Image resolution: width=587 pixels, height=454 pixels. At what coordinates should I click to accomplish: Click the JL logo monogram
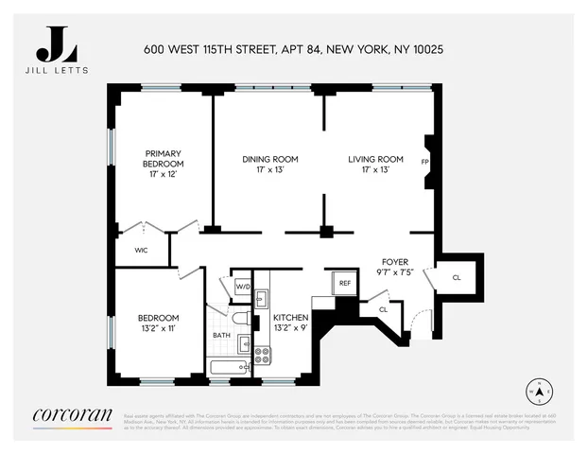point(57,44)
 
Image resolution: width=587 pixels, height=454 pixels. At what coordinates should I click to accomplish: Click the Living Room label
point(375,165)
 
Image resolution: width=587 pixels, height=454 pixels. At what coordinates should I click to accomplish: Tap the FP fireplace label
point(424,162)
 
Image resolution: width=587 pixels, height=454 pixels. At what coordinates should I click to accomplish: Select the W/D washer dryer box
point(242,286)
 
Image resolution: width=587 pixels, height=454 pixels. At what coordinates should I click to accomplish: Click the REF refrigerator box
point(344,282)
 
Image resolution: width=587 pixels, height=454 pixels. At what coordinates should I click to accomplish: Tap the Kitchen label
point(292,323)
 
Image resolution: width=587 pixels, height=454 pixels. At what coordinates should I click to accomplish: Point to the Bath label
point(221,335)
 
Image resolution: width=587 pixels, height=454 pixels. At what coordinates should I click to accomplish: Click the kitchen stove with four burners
point(262,356)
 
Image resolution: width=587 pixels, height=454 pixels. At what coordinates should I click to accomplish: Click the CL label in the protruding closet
point(457,277)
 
